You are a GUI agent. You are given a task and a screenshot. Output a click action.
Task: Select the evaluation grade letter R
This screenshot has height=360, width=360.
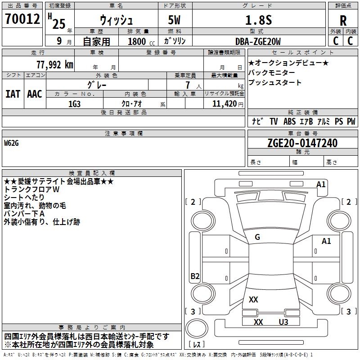point(343,21)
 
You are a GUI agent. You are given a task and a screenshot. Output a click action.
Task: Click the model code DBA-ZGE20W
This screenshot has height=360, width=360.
point(258,41)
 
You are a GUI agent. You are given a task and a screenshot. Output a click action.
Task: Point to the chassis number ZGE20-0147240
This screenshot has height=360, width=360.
point(302,143)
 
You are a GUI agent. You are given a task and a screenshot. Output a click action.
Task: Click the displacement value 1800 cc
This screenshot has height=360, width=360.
point(139,41)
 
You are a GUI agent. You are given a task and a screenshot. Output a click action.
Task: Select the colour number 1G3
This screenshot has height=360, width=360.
point(74,103)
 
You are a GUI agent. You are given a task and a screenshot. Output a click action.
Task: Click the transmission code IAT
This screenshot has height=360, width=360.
point(13,94)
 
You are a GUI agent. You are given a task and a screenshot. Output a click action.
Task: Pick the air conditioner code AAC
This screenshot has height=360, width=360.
point(35,94)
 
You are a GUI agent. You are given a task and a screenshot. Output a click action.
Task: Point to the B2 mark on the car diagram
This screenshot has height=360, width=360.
point(195,276)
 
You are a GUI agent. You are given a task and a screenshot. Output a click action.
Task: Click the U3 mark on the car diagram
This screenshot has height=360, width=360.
point(283,322)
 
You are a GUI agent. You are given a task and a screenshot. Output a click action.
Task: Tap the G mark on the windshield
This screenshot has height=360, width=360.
point(257,237)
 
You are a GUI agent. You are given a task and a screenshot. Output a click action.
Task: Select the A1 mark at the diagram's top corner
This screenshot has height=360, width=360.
point(321,184)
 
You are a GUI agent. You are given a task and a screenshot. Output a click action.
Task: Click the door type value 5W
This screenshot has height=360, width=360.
point(174,20)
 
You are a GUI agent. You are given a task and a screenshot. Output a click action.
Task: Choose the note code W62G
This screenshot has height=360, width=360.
point(12,143)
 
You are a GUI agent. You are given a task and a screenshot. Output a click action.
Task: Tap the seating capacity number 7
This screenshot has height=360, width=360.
point(187,85)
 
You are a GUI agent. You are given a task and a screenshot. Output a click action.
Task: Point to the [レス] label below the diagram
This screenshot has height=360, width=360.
point(197,345)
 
